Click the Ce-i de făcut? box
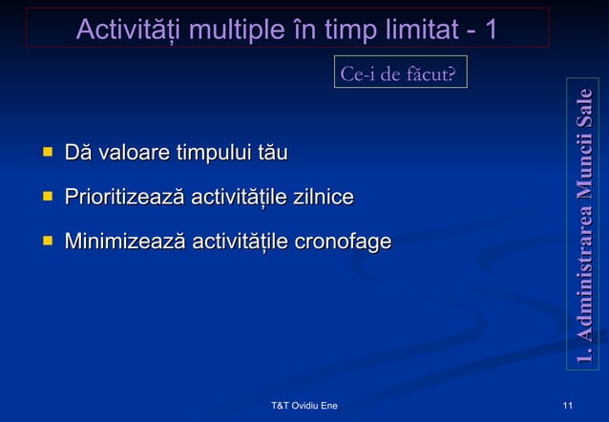[x=400, y=74]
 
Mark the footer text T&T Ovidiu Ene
[x=304, y=407]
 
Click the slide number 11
[x=569, y=407]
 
